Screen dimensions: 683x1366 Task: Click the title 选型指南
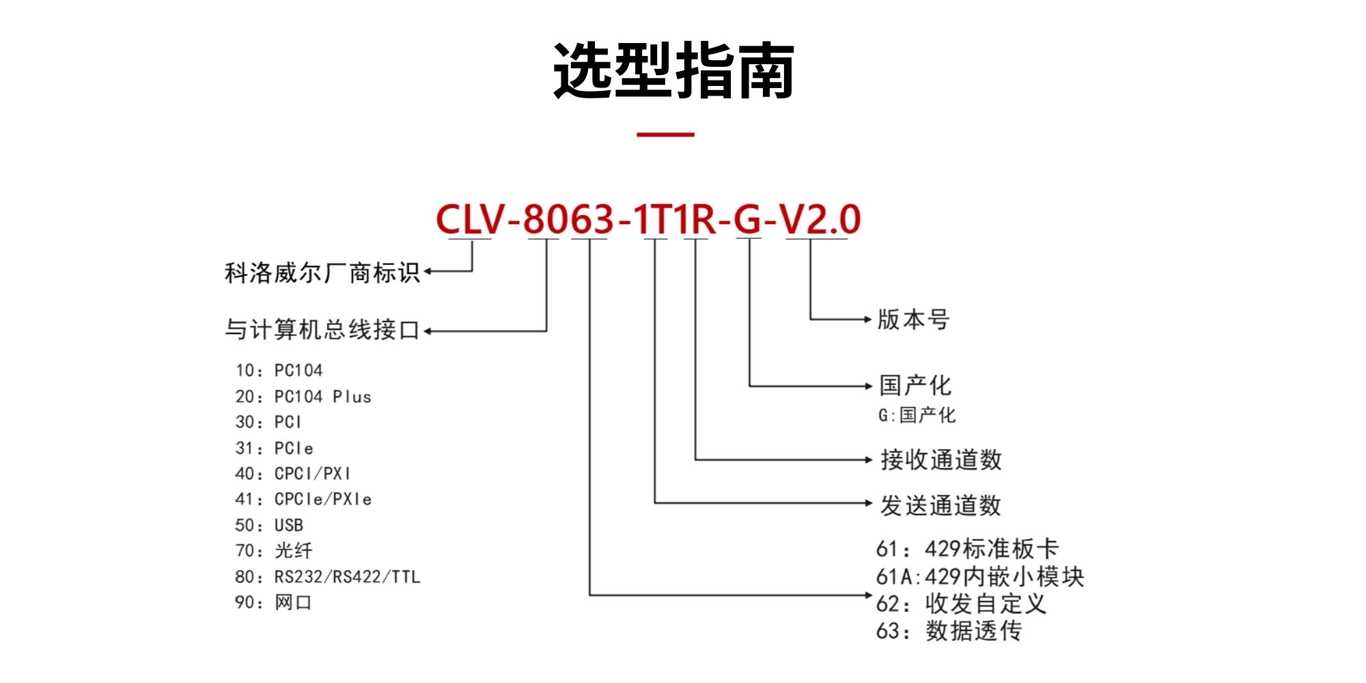tap(673, 71)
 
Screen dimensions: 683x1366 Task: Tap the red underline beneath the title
tap(665, 135)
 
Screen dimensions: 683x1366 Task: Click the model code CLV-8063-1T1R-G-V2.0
tap(647, 219)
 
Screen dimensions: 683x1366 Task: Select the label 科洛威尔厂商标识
tap(322, 273)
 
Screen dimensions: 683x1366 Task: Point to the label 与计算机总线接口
tap(322, 330)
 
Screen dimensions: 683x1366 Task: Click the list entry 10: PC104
tap(279, 370)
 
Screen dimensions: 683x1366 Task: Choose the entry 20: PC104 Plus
tap(303, 396)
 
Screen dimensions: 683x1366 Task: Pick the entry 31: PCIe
tap(274, 448)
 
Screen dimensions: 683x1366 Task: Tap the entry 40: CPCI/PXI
tap(292, 473)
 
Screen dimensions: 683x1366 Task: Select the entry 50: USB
tap(269, 525)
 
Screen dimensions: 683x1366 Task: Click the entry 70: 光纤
tap(273, 550)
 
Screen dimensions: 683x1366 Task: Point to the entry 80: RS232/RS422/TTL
tap(328, 577)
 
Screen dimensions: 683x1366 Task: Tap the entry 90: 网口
tap(273, 602)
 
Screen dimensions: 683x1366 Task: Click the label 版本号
tap(913, 319)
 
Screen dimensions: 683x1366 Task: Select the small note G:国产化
tap(917, 415)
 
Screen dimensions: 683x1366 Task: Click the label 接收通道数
tap(940, 460)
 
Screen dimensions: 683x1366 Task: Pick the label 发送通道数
tap(940, 505)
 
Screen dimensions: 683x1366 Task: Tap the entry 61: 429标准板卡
tap(967, 548)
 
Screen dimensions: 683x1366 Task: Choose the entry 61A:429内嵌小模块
tap(980, 576)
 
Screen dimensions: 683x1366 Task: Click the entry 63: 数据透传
tap(949, 630)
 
